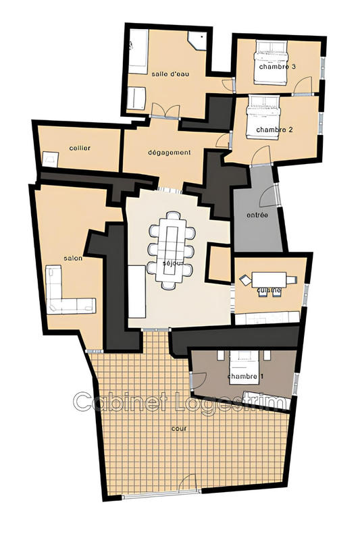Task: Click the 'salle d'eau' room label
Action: coord(170,74)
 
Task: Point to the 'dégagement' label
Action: coord(170,153)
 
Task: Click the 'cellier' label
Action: coord(80,148)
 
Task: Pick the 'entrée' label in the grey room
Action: coord(258,215)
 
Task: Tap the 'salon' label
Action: coord(73,259)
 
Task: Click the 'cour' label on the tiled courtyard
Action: coord(180,428)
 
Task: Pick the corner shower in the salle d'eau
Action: coord(200,41)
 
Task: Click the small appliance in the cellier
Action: coord(51,159)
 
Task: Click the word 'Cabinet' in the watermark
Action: coord(111,402)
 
